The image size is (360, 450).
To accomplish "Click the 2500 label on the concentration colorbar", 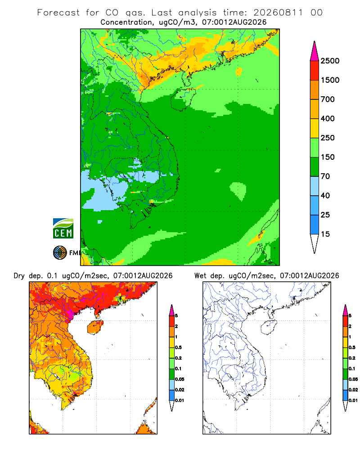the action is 330,61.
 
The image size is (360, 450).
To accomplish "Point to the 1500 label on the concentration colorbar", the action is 330,80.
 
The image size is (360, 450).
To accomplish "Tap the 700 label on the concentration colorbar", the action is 328,99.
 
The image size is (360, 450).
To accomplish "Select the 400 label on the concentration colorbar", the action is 328,118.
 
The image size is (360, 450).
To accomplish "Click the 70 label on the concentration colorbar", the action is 325,176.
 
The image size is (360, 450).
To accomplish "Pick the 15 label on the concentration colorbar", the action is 325,234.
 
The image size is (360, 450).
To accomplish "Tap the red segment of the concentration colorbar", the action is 315,71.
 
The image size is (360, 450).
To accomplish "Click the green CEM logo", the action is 63,229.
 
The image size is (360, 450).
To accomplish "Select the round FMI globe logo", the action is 60,253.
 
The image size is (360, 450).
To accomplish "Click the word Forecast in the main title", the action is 58,13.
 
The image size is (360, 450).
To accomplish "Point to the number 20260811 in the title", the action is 278,13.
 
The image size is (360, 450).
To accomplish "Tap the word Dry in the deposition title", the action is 19,276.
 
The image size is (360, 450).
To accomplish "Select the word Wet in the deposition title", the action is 200,276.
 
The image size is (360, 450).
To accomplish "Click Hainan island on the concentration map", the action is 183,99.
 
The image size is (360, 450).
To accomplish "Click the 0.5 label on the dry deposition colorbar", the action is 178,347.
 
